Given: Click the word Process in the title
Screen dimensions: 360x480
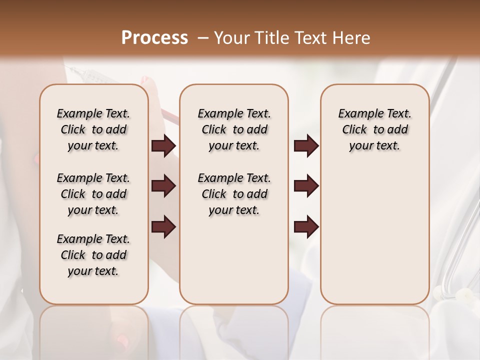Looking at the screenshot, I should (154, 38).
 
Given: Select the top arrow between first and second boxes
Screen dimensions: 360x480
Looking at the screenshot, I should (163, 146).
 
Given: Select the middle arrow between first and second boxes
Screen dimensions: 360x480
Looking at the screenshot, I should (163, 186).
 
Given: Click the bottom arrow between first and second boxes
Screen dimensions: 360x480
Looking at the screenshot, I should (163, 227).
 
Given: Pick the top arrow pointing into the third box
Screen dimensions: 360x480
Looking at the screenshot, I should (306, 146).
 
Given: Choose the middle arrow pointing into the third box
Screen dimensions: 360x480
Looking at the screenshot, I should (306, 186).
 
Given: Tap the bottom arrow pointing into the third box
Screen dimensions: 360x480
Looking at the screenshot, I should (306, 227).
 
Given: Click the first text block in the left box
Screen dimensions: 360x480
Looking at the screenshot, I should (93, 129).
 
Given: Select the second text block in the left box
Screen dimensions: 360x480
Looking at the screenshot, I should (93, 194).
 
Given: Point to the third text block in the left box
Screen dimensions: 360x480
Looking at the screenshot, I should (93, 255).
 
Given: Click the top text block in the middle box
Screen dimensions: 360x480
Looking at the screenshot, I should (234, 129).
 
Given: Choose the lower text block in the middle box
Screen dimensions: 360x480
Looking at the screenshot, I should (234, 194).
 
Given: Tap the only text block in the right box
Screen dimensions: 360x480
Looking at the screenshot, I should (374, 129).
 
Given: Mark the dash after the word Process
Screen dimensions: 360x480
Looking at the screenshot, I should (203, 38).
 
